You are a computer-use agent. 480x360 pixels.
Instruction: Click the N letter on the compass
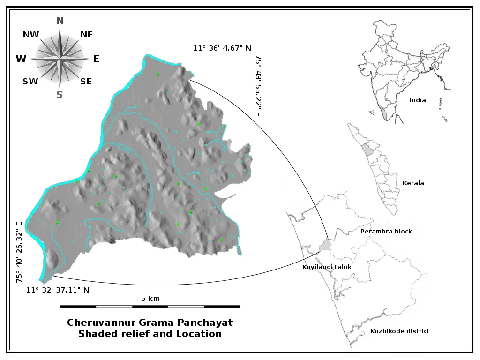60,21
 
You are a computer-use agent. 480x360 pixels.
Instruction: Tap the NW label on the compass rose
31,35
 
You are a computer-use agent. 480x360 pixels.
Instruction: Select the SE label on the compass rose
86,82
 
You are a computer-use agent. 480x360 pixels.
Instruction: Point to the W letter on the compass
21,59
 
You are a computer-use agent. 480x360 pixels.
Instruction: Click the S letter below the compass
60,95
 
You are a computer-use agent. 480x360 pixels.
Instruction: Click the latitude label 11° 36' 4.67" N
222,48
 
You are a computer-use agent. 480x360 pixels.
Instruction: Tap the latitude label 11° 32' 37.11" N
57,290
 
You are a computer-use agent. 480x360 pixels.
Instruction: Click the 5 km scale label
150,298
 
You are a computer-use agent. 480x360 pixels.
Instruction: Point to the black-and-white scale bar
150,306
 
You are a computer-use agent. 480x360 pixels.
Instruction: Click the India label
418,100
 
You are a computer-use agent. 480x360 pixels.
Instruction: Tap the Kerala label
413,183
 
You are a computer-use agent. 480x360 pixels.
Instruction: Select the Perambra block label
386,232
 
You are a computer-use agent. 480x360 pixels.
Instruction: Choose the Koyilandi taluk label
327,267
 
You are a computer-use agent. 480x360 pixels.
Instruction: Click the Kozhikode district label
399,331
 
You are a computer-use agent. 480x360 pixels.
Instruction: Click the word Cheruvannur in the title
99,322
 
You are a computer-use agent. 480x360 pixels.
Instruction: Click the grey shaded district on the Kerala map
366,149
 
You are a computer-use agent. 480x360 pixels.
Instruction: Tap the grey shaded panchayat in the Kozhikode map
325,245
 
